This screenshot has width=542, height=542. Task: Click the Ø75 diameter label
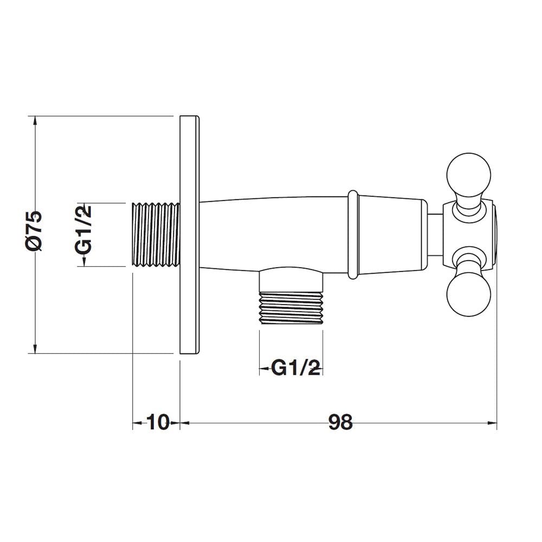pyautogui.click(x=34, y=230)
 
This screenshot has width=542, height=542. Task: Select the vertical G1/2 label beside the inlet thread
pyautogui.click(x=83, y=229)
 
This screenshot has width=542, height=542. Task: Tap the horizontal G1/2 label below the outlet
pyautogui.click(x=295, y=368)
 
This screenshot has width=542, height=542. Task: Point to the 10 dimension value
pyautogui.click(x=158, y=422)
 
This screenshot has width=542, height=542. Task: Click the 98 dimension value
pyautogui.click(x=340, y=422)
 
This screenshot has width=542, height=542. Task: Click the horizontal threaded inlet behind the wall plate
pyautogui.click(x=156, y=234)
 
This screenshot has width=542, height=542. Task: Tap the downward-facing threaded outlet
pyautogui.click(x=291, y=308)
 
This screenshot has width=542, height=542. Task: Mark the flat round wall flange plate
pyautogui.click(x=189, y=234)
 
